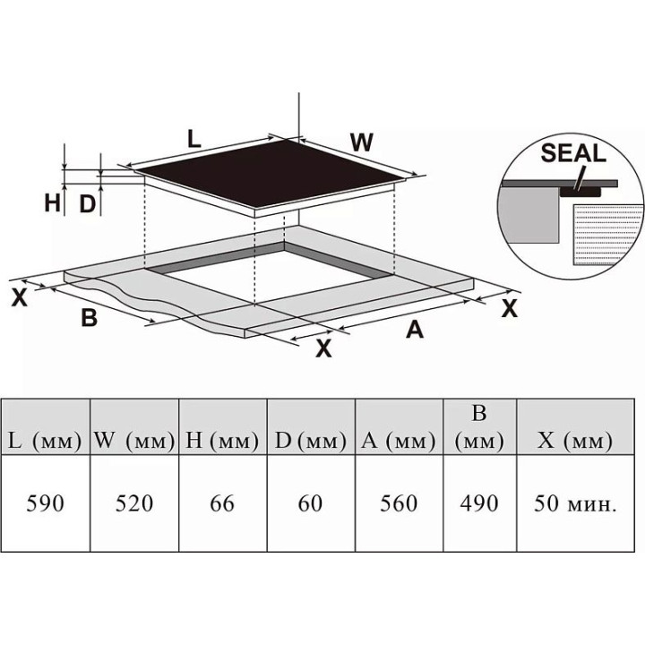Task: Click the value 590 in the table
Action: (46, 504)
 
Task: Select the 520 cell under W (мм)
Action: (134, 504)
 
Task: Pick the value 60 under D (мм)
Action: (310, 504)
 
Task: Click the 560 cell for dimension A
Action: (399, 504)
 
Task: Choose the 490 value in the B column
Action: (479, 503)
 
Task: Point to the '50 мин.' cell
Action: (573, 504)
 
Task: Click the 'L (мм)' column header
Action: (46, 442)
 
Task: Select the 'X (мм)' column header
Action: (573, 442)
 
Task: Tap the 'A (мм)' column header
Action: (399, 442)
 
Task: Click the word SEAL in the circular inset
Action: (573, 152)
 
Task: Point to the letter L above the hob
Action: (193, 138)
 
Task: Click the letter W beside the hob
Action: (361, 142)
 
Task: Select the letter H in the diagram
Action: (52, 203)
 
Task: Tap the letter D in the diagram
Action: (87, 203)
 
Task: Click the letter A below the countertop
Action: (414, 330)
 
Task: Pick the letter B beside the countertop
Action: (89, 317)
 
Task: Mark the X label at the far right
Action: (510, 309)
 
